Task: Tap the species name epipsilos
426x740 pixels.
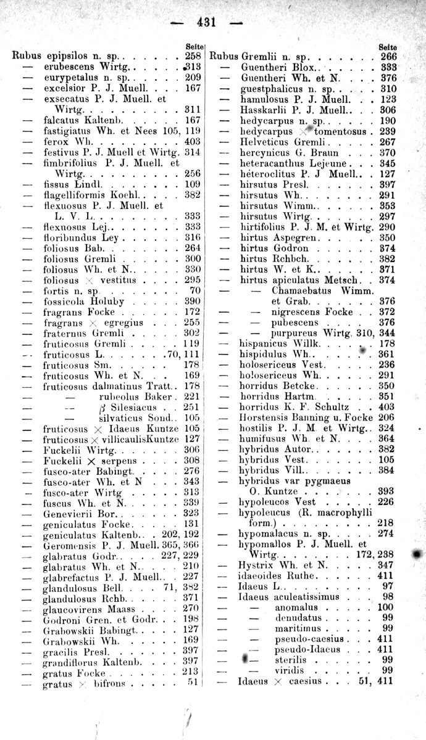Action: (x=67, y=56)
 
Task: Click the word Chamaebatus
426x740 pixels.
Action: (x=303, y=290)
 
